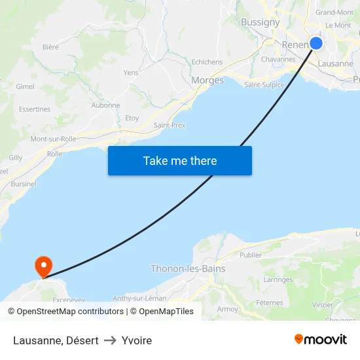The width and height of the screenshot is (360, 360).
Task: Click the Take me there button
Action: pyautogui.click(x=180, y=160)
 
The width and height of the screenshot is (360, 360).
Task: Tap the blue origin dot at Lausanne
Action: pyautogui.click(x=316, y=43)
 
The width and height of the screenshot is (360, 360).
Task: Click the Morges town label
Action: pyautogui.click(x=207, y=81)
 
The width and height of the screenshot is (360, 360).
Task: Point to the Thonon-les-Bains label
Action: pyautogui.click(x=188, y=268)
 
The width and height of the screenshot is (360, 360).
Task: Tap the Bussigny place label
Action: pyautogui.click(x=260, y=22)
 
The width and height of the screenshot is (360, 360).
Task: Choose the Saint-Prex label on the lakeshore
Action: pyautogui.click(x=170, y=125)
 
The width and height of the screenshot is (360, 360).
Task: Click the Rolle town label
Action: pyautogui.click(x=55, y=154)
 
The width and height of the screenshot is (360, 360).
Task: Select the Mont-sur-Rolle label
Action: pyautogui.click(x=54, y=139)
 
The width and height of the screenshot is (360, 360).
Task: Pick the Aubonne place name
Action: pyautogui.click(x=105, y=105)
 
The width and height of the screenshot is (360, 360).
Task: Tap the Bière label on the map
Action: pyautogui.click(x=50, y=46)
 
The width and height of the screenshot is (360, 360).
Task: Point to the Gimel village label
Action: pyautogui.click(x=25, y=86)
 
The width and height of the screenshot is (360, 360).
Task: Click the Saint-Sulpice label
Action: pyautogui.click(x=264, y=84)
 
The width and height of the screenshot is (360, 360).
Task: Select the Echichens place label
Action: pyautogui.click(x=207, y=62)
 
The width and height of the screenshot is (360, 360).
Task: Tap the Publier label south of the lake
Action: pyautogui.click(x=251, y=255)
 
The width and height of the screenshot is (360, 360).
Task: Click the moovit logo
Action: pyautogui.click(x=321, y=340)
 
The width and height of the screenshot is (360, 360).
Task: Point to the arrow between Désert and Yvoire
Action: pyautogui.click(x=110, y=340)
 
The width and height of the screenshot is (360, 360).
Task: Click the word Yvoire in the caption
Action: pyautogui.click(x=137, y=340)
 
